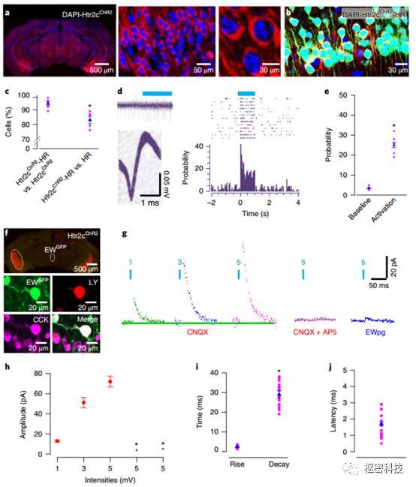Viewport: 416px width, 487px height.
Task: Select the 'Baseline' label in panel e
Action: pyautogui.click(x=345, y=212)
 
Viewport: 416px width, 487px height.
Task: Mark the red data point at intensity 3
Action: pyautogui.click(x=83, y=403)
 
